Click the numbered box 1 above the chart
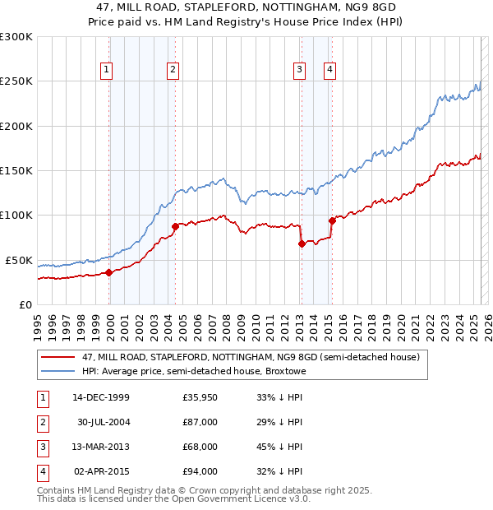coord(108,70)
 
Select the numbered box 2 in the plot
coord(173,70)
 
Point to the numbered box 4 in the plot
coord(329,70)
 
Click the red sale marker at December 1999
coord(109,272)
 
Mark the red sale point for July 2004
coord(175,226)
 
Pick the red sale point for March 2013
coord(302,243)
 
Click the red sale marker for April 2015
coord(332,220)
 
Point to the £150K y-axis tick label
coord(16,170)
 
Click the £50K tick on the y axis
coord(19,260)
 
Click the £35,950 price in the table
coord(200,397)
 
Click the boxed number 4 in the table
coord(41,471)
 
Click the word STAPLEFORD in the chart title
coord(226,8)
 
